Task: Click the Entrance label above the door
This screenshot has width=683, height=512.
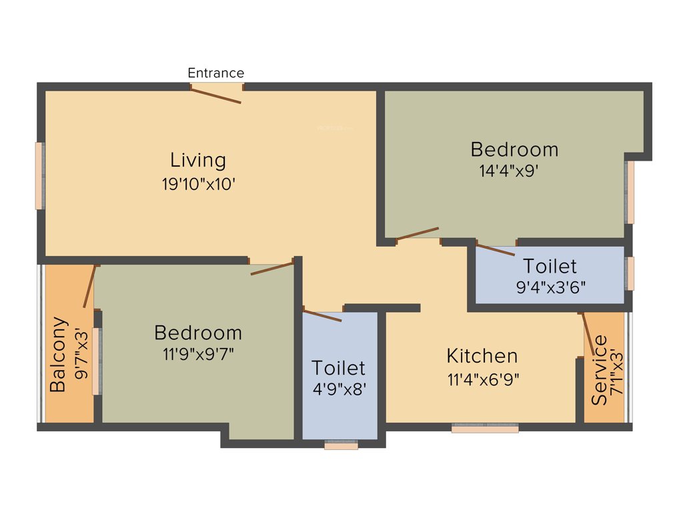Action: tap(215, 73)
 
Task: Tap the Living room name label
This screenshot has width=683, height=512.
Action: tap(198, 160)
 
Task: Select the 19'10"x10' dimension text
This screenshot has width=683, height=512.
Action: tap(198, 184)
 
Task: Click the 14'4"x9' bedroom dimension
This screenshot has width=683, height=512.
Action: tap(508, 170)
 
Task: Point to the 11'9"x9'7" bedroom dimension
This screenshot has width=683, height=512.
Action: tap(198, 354)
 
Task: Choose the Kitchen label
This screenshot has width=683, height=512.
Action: tap(482, 355)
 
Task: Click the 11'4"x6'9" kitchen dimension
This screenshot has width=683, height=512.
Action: tap(483, 379)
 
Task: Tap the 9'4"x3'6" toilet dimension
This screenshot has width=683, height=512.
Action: tap(550, 289)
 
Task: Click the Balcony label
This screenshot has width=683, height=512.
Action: tap(59, 354)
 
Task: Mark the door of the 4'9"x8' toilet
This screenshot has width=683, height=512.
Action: tap(322, 315)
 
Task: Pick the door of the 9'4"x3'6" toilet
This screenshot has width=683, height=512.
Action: tap(496, 250)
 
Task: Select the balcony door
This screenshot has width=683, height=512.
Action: tap(91, 286)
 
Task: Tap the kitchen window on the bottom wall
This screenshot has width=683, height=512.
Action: tap(485, 429)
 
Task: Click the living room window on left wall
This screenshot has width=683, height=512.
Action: tap(39, 175)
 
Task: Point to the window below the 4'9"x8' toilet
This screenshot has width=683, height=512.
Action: tap(341, 445)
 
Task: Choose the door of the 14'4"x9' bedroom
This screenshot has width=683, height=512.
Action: tap(417, 233)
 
